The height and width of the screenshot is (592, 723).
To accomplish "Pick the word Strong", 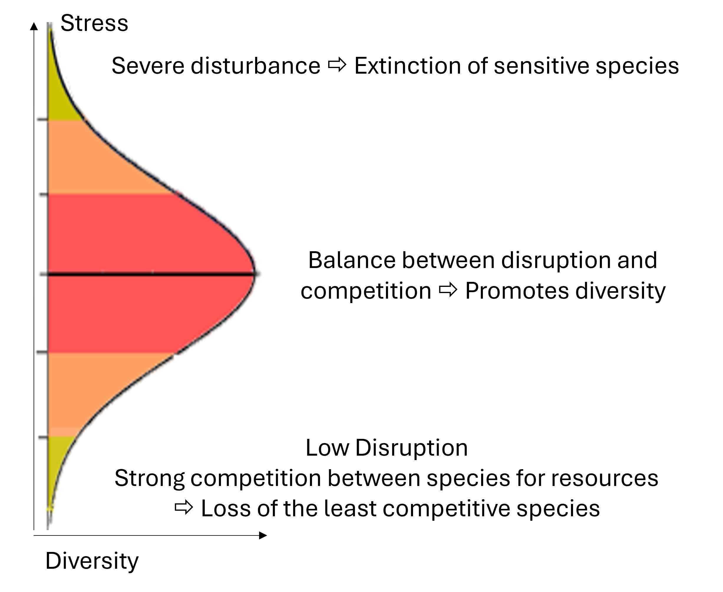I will [149, 478].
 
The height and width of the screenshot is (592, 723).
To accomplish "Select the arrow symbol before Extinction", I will [337, 65].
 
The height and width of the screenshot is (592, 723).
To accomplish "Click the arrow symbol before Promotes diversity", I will [448, 290].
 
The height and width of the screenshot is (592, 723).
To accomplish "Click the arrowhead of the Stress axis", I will [34, 26].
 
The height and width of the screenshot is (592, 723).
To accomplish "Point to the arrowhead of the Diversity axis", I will [263, 535].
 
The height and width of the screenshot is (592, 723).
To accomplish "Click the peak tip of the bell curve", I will [254, 274].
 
